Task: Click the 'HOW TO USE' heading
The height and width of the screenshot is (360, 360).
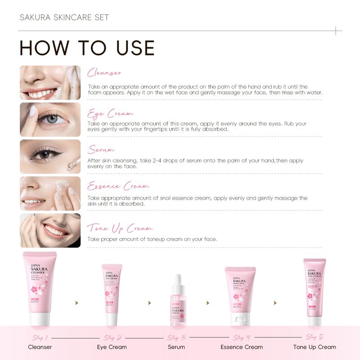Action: pyautogui.click(x=87, y=48)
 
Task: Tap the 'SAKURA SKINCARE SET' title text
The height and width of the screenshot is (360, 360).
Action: pyautogui.click(x=64, y=18)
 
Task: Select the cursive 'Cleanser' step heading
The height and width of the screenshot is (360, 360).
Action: pyautogui.click(x=104, y=73)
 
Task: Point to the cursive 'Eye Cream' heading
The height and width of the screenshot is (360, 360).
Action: pyautogui.click(x=110, y=113)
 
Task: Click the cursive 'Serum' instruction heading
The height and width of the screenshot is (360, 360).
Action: pyautogui.click(x=101, y=149)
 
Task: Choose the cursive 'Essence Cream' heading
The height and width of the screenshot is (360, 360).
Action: pyautogui.click(x=118, y=186)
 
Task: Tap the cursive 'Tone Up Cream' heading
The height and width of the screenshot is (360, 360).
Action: pyautogui.click(x=120, y=229)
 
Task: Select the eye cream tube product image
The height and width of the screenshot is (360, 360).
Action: pyautogui.click(x=112, y=295)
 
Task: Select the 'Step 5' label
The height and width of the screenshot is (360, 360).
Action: pyautogui.click(x=314, y=337)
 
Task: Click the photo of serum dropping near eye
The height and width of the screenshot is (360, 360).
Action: pyautogui.click(x=50, y=156)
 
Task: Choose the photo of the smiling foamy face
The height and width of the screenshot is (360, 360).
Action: pyautogui.click(x=50, y=83)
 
